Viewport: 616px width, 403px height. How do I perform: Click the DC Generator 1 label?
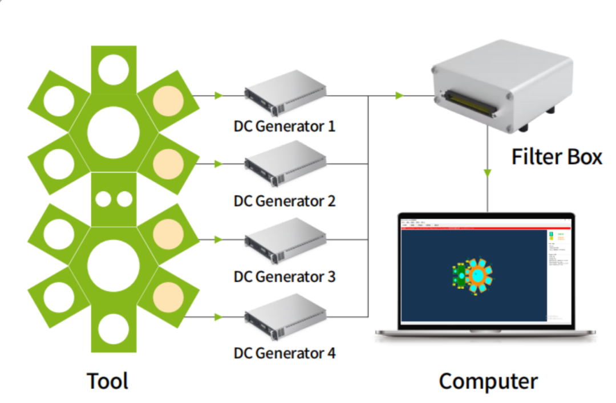(285, 125)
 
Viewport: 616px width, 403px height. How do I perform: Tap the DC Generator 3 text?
(285, 276)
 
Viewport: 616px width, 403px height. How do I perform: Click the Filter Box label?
(556, 156)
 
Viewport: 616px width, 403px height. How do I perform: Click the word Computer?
(488, 381)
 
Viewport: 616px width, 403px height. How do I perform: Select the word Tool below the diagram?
(107, 381)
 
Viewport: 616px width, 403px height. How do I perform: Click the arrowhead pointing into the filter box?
(400, 96)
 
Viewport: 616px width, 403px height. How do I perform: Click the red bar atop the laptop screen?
(485, 228)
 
